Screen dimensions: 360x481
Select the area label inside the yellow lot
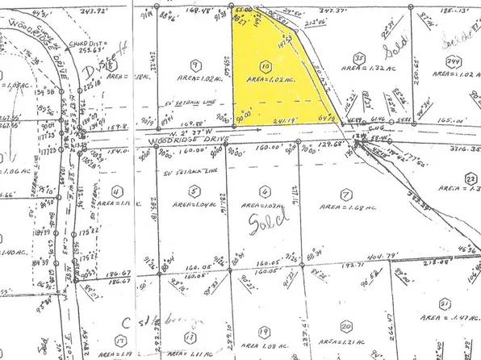pos(270,80)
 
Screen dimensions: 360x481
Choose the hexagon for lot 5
pos(194,191)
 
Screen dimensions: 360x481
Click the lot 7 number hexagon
pos(345,195)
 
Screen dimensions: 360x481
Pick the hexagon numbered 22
pos(469,177)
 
